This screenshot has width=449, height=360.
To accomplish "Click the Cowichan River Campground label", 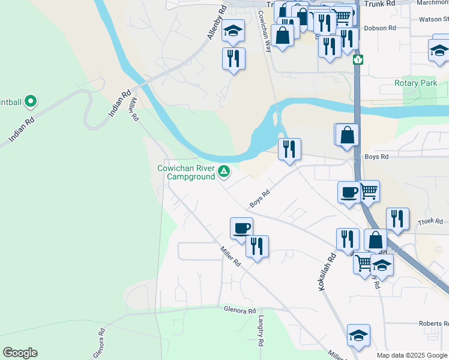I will (x=186, y=173).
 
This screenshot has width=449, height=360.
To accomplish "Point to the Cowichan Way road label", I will (x=265, y=31).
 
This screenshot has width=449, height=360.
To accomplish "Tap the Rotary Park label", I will (x=416, y=83).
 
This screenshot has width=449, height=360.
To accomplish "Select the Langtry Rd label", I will (x=261, y=331).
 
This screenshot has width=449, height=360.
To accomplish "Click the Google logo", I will (x=20, y=353).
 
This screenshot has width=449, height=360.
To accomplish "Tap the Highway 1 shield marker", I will (x=358, y=59).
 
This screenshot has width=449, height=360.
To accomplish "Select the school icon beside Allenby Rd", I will (x=233, y=31).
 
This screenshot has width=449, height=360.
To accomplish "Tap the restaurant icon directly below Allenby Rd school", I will (x=233, y=59).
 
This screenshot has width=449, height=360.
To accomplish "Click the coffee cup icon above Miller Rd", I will (x=241, y=228).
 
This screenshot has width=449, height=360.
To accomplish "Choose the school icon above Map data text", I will (x=358, y=335).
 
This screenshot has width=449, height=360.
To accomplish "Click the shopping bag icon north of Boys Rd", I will (x=348, y=134).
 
